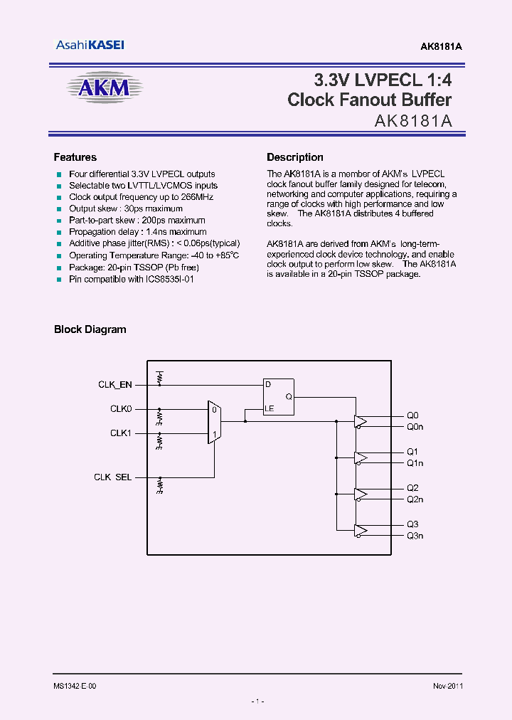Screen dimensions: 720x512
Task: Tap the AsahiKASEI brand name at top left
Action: pyautogui.click(x=90, y=45)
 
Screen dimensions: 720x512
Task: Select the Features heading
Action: pyautogui.click(x=75, y=157)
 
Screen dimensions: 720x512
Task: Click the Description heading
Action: pyautogui.click(x=294, y=157)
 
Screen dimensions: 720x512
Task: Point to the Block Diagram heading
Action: pyautogui.click(x=90, y=329)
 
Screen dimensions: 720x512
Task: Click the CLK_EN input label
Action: pyautogui.click(x=114, y=385)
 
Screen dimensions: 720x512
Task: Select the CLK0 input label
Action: pyautogui.click(x=121, y=409)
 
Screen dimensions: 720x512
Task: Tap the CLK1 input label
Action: pyautogui.click(x=121, y=433)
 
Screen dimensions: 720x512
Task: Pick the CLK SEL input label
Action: pyautogui.click(x=112, y=477)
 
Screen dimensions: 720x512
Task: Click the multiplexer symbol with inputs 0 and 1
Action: pyautogui.click(x=214, y=421)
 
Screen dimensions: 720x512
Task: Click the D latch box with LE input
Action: pyautogui.click(x=278, y=397)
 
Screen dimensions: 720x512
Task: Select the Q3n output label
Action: pyautogui.click(x=415, y=536)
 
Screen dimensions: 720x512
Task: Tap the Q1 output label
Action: pyautogui.click(x=412, y=452)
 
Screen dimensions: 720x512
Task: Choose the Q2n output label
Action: pyautogui.click(x=415, y=499)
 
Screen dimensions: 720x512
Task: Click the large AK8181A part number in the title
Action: pyautogui.click(x=413, y=121)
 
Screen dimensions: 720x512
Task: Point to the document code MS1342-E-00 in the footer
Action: pyautogui.click(x=75, y=686)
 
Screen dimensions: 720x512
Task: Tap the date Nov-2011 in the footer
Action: pyautogui.click(x=447, y=686)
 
